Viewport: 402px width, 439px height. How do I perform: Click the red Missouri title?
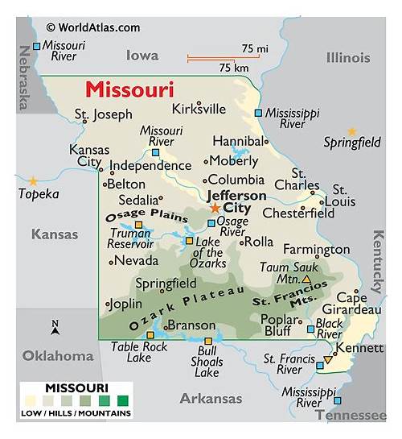pos(129,88)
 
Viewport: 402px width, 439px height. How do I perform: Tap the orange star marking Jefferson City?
pos(215,208)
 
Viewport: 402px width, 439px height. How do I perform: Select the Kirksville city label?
pos(199,108)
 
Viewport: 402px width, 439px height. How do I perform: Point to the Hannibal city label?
pos(237,140)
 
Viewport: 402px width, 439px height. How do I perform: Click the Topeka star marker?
pos(33,181)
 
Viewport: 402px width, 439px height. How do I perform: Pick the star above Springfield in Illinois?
pos(351,131)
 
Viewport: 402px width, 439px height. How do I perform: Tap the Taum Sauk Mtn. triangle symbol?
pos(306,279)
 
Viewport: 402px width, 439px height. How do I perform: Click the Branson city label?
pos(191,325)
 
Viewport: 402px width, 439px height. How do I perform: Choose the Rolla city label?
pos(258,241)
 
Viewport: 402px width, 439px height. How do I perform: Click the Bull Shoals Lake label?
pos(207,362)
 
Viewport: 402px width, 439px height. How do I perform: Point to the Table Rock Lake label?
pos(140,351)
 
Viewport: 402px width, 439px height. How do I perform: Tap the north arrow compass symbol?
pos(55,327)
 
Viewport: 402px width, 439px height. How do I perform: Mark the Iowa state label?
pos(142,55)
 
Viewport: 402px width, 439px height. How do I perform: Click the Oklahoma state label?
pos(58,355)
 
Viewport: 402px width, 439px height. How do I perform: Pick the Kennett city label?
pos(359,347)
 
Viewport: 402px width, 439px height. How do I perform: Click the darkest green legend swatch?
pos(122,400)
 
